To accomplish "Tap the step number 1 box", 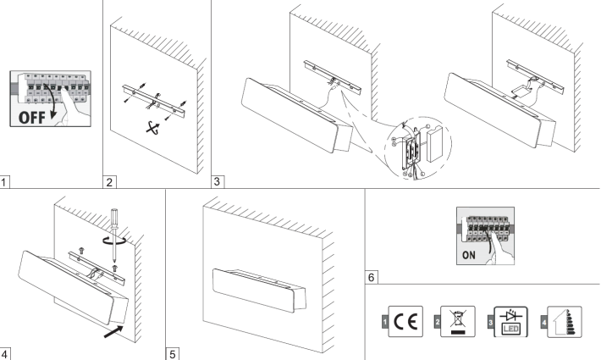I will (6, 180).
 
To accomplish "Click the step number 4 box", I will (6, 352).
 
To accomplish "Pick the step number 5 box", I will (172, 352).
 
